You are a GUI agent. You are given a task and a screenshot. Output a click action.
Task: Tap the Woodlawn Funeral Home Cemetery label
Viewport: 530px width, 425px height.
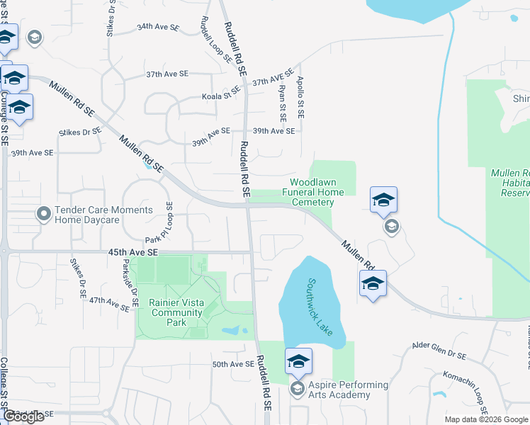pos(313,192)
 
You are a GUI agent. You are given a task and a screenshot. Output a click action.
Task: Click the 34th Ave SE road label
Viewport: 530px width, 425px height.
pos(158,26)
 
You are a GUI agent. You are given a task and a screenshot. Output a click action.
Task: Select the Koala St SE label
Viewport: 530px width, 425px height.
pos(221,93)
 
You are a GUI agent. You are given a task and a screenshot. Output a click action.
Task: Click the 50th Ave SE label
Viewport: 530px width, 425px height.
pos(233,364)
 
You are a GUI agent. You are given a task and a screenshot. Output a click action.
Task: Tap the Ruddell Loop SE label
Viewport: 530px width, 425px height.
pos(216,41)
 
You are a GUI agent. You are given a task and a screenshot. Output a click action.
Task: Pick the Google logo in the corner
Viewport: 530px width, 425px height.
pos(23,416)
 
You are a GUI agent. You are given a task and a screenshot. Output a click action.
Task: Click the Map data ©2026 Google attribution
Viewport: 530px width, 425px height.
pos(485,419)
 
